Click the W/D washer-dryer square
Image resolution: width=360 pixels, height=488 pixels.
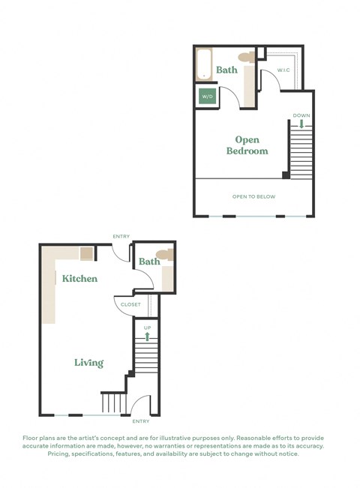206,96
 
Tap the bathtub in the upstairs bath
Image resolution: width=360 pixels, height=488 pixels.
204,64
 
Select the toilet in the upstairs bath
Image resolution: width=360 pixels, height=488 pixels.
244,58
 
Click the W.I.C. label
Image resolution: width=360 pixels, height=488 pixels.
283,70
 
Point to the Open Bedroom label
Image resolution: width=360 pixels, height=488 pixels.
247,145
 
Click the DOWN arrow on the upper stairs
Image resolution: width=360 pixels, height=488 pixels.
301,124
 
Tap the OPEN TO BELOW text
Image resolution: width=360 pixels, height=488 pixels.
253,197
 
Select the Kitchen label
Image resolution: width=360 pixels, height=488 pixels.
79,278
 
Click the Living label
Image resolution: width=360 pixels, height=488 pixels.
88,363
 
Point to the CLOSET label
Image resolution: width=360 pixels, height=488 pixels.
130,304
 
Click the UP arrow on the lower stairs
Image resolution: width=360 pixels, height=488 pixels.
147,337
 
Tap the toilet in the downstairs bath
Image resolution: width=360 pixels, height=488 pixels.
166,256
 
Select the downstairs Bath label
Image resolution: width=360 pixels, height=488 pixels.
149,262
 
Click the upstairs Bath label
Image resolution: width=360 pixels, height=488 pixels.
227,70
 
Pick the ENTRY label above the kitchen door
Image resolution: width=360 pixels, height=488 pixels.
121,237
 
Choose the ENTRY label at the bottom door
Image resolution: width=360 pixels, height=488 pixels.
140,421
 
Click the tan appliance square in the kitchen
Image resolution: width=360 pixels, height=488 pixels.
87,253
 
